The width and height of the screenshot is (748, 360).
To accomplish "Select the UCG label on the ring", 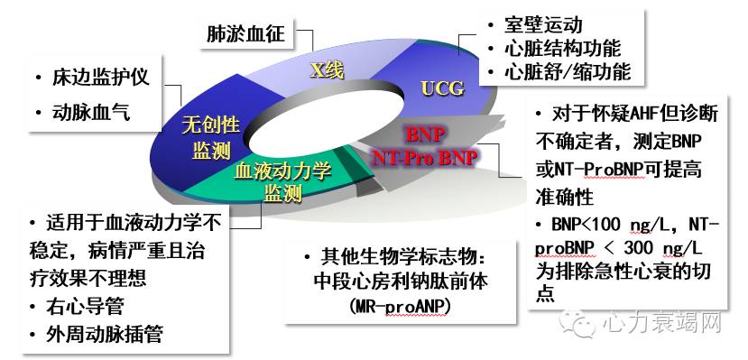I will pos(443,88).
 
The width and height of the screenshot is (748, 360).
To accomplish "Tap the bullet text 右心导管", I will pos(81,304).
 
